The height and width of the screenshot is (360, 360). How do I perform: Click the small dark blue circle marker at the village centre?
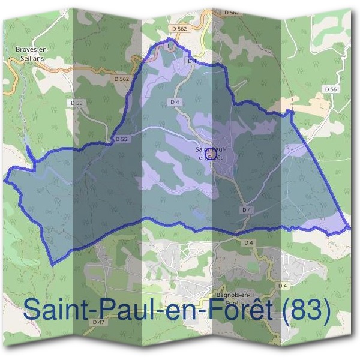[x=210, y=155]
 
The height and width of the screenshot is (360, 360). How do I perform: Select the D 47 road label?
[x=98, y=322]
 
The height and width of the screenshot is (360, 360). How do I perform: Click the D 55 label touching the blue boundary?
[x=122, y=139]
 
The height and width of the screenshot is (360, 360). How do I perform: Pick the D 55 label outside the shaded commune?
[x=76, y=103]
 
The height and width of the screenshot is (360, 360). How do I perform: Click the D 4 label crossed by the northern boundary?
[x=192, y=61]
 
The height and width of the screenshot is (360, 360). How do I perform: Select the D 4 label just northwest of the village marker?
[x=175, y=103]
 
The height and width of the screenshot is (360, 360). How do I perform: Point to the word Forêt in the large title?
[x=235, y=311]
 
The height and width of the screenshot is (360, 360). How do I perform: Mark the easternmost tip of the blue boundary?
[x=349, y=229]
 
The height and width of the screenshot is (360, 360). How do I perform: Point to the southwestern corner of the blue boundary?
[x=53, y=264]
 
